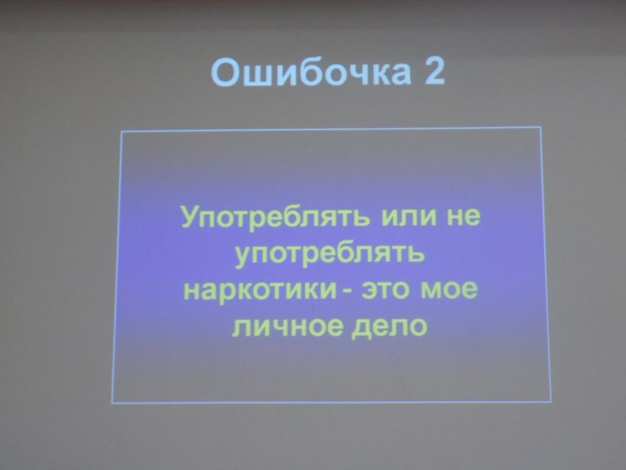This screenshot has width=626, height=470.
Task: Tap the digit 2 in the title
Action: (432, 73)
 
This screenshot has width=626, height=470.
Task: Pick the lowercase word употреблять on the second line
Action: (330, 255)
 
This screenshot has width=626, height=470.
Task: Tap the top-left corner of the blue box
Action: (122, 132)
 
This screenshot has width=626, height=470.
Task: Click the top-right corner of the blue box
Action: (541, 127)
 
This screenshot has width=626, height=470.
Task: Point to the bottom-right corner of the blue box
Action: (550, 401)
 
